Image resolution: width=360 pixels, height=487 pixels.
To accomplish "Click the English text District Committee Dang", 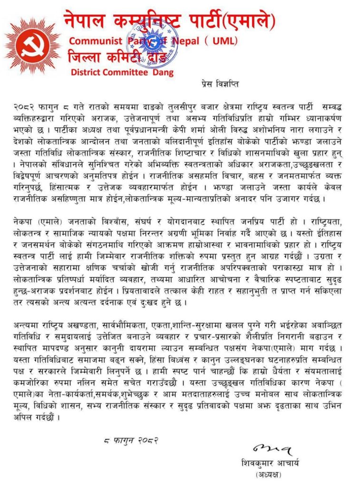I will click(x=122, y=73).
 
